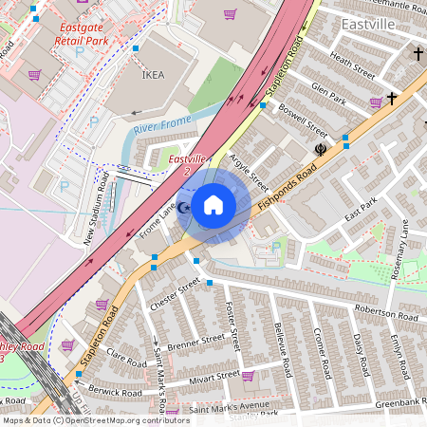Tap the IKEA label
153,73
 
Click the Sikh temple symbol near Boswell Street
320,149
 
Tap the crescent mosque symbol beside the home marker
185,208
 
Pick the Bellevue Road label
279,343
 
